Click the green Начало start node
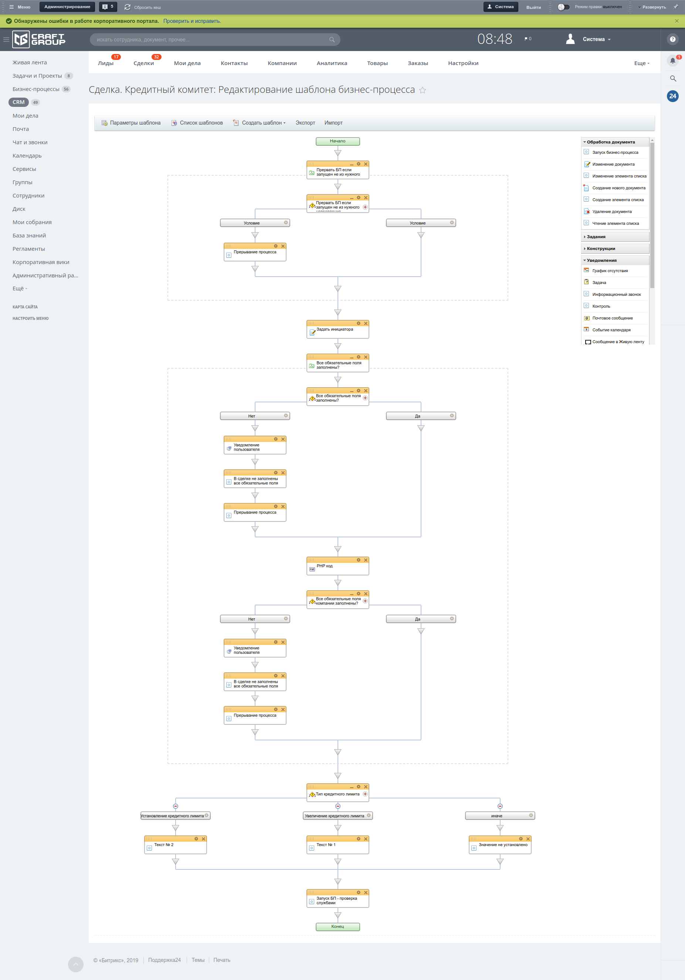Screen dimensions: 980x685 coord(337,141)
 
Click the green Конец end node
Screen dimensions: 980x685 coord(337,927)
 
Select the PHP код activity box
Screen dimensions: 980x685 coord(337,567)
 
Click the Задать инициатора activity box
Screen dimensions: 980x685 coord(337,330)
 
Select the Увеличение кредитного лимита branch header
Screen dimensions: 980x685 coord(335,816)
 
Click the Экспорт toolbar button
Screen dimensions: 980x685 coord(305,123)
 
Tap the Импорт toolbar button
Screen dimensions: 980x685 coord(333,123)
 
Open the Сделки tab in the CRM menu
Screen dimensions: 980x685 coord(143,63)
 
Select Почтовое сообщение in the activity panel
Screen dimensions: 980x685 coord(612,318)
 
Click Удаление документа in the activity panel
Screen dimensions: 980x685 coord(611,212)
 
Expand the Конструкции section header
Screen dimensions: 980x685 coord(601,249)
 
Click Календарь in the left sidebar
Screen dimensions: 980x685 coord(27,156)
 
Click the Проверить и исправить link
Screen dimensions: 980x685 coord(192,21)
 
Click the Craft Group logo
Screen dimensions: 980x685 coord(39,39)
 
